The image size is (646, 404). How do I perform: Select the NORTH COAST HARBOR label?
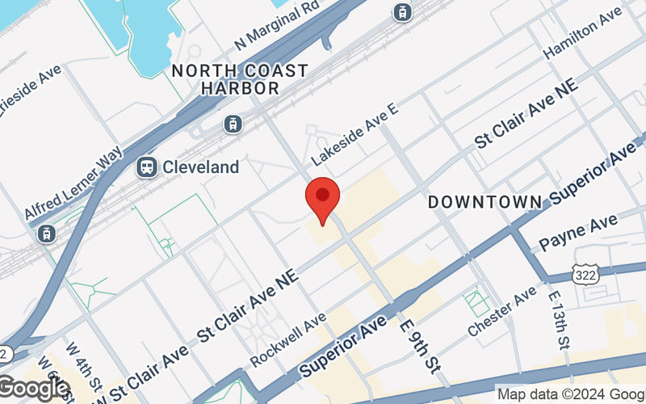[x=240, y=79]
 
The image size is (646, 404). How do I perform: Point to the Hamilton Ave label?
[x=582, y=38]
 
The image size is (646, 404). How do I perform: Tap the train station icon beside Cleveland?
[x=147, y=167]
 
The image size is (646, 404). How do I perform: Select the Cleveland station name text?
[x=201, y=167]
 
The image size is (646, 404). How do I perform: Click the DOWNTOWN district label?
[x=484, y=200]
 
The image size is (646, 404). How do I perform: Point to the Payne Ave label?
[x=577, y=232]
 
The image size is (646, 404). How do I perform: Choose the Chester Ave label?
[x=501, y=313]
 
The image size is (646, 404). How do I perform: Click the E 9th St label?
[x=418, y=346]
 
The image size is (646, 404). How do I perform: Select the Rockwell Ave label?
[x=288, y=339]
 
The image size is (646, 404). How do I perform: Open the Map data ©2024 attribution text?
[x=569, y=394]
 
